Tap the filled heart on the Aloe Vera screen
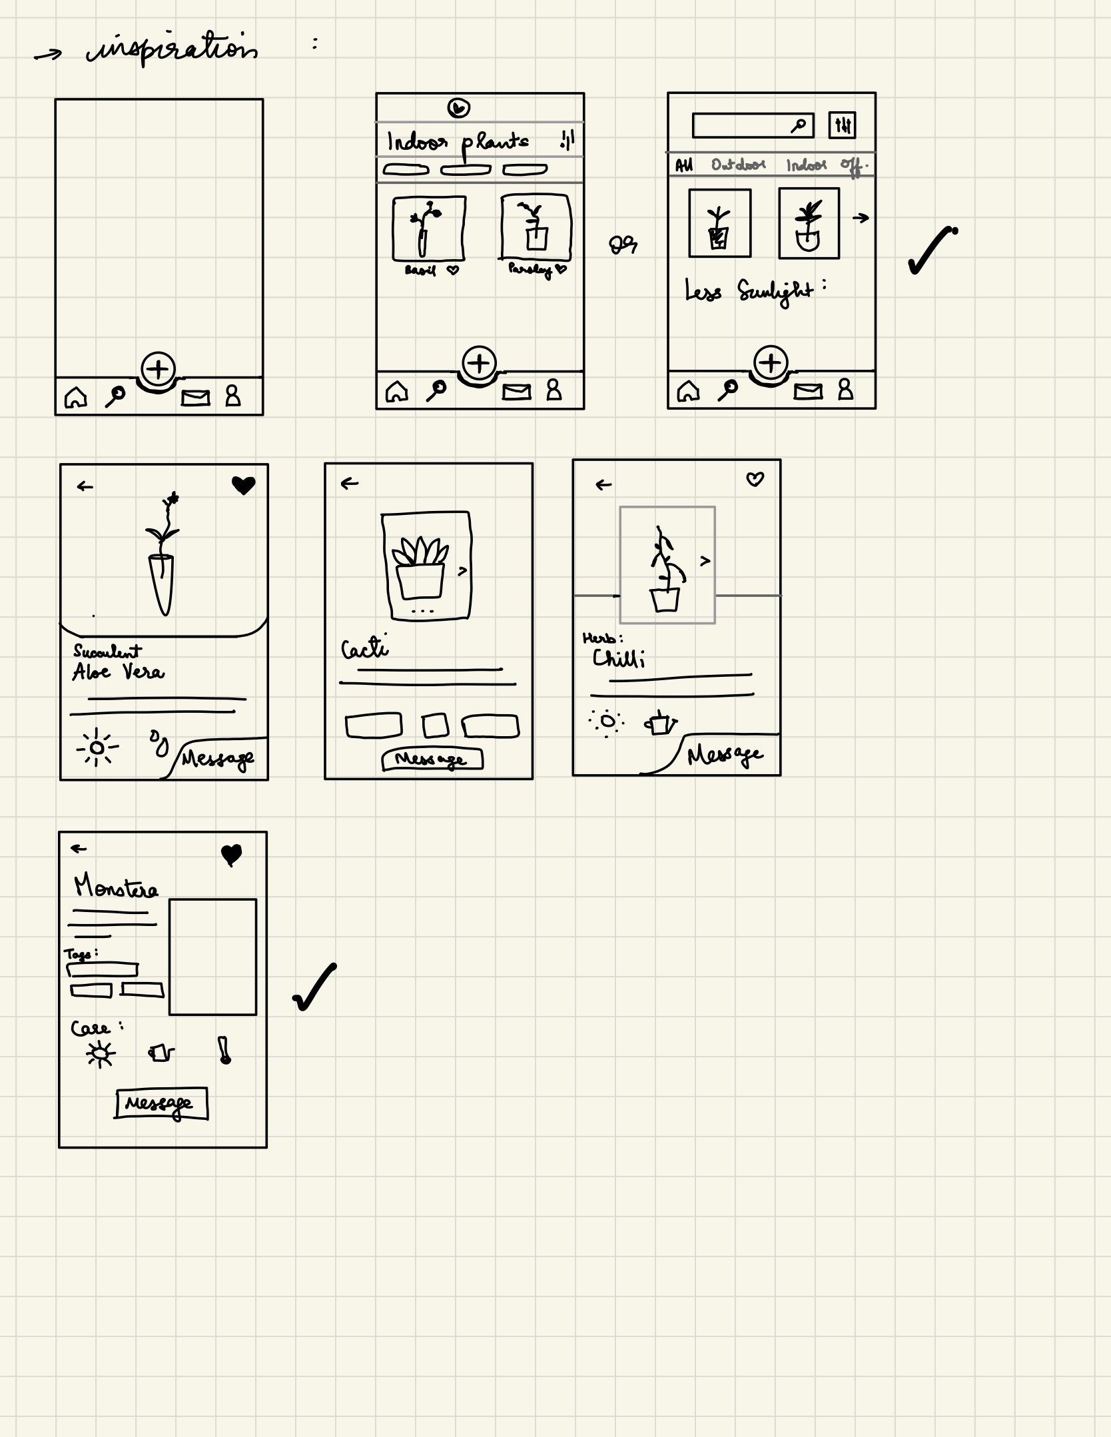pyautogui.click(x=243, y=485)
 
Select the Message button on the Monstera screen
pyautogui.click(x=161, y=1103)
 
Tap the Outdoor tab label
pyautogui.click(x=738, y=165)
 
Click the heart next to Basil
pyautogui.click(x=453, y=270)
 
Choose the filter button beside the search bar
pyautogui.click(x=842, y=125)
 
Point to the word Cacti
pyautogui.click(x=364, y=648)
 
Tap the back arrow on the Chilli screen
pyautogui.click(x=603, y=485)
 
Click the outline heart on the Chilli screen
pyautogui.click(x=755, y=479)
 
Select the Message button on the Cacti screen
pyautogui.click(x=432, y=759)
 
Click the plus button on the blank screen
pyautogui.click(x=159, y=368)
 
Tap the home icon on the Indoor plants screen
pyautogui.click(x=396, y=392)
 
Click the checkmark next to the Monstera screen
pyautogui.click(x=314, y=987)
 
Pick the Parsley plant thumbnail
pyautogui.click(x=536, y=227)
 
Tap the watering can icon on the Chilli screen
pyautogui.click(x=660, y=723)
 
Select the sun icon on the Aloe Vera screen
pyautogui.click(x=97, y=747)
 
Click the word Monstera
pyautogui.click(x=116, y=887)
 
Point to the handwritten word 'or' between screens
pyautogui.click(x=623, y=246)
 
